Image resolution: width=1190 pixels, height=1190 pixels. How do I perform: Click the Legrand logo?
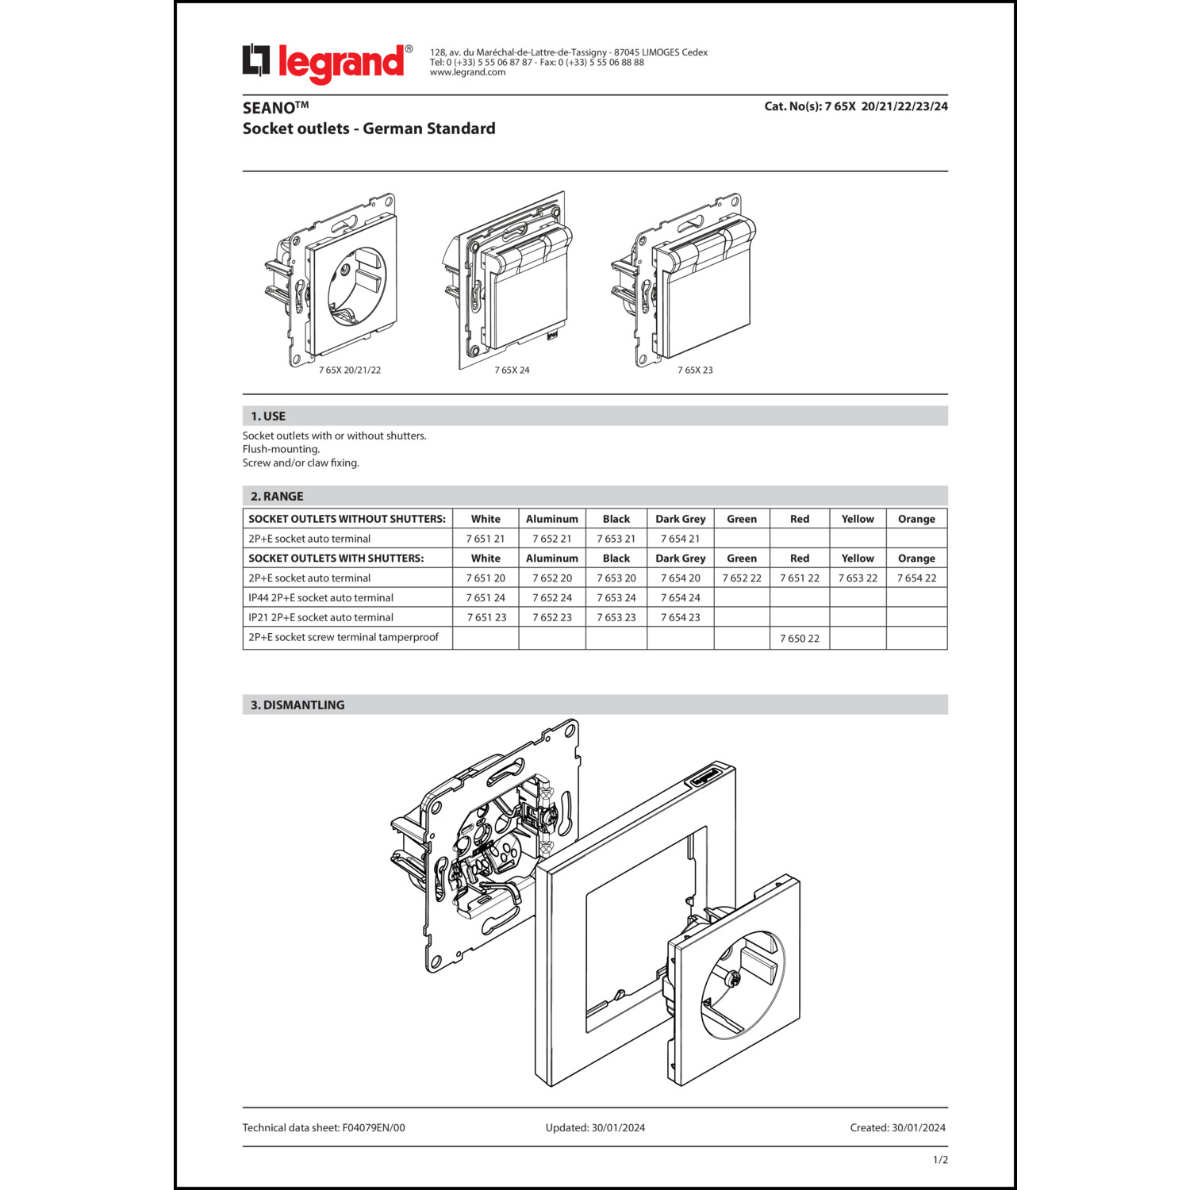click(327, 63)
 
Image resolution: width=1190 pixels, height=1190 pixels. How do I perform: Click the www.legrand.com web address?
click(467, 72)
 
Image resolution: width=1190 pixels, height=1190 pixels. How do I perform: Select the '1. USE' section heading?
click(268, 416)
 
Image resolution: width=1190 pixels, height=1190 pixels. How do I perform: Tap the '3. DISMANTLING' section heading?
click(297, 704)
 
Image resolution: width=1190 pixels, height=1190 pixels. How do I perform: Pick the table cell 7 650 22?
click(799, 638)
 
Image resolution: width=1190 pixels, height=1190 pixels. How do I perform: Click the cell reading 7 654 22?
click(916, 578)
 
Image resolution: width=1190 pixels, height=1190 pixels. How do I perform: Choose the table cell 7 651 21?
click(486, 539)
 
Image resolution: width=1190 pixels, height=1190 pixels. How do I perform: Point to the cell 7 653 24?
click(616, 597)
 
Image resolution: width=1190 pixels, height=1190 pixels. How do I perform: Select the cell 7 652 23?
click(552, 617)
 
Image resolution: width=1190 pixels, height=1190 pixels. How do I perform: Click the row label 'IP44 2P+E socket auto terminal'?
click(321, 597)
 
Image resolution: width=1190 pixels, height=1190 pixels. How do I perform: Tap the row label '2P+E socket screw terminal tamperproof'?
click(344, 637)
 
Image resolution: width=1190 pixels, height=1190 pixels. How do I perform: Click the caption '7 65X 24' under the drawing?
click(512, 370)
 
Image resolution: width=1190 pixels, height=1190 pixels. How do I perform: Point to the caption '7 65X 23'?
click(695, 370)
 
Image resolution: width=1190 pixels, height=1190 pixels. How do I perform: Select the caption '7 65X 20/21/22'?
click(350, 370)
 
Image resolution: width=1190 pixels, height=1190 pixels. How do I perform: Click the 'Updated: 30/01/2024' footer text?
click(595, 1127)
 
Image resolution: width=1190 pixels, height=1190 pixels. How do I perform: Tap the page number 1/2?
click(940, 1159)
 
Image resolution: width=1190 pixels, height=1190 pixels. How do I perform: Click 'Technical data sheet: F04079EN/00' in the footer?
click(324, 1127)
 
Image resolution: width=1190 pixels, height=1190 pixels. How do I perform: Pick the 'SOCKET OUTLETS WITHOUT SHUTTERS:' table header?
click(347, 519)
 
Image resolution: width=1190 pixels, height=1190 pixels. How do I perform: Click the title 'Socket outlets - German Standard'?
click(369, 129)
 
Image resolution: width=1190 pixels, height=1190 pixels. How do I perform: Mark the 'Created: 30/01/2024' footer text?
click(897, 1127)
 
